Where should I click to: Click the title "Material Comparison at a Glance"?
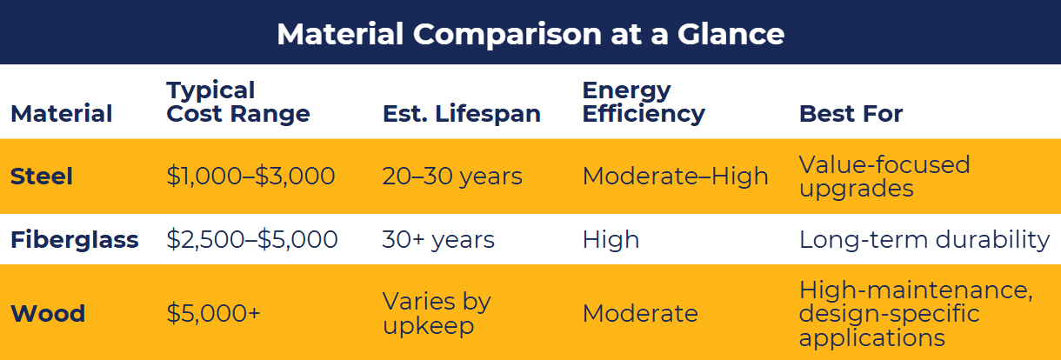pyautogui.click(x=530, y=34)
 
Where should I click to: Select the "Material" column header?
pyautogui.click(x=61, y=114)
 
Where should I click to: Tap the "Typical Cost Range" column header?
pyautogui.click(x=237, y=103)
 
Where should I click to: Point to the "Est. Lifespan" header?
pyautogui.click(x=461, y=114)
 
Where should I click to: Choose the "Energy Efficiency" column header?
pyautogui.click(x=643, y=103)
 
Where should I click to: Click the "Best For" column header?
pyautogui.click(x=851, y=114)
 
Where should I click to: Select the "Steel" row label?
pyautogui.click(x=41, y=177)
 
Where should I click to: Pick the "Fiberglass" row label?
pyautogui.click(x=74, y=240)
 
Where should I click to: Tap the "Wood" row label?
pyautogui.click(x=47, y=313)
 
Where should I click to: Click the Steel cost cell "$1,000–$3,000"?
pyautogui.click(x=250, y=177)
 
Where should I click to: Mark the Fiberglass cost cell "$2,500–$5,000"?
pyautogui.click(x=251, y=240)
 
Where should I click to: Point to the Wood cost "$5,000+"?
pyautogui.click(x=213, y=313)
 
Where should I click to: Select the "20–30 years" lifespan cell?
pyautogui.click(x=452, y=177)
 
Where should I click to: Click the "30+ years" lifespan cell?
pyautogui.click(x=438, y=240)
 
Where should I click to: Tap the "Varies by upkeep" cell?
pyautogui.click(x=437, y=313)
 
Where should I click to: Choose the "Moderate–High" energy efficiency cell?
pyautogui.click(x=675, y=177)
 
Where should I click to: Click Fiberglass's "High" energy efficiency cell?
pyautogui.click(x=611, y=240)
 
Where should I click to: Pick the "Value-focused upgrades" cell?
pyautogui.click(x=884, y=177)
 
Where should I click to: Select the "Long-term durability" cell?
pyautogui.click(x=924, y=240)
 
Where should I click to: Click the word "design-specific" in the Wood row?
pyautogui.click(x=889, y=313)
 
